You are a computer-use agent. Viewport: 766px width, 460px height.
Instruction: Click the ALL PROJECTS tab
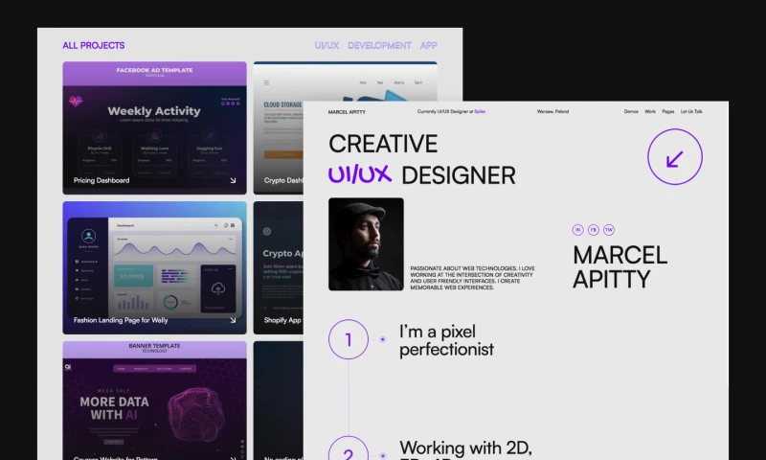[94, 45]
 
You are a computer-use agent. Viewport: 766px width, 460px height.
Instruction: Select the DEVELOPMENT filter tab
[379, 45]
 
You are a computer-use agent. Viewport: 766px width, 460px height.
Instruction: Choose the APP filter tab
[429, 45]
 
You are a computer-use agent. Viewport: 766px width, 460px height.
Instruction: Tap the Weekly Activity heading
[154, 111]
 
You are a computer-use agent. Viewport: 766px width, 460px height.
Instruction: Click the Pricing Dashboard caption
[101, 180]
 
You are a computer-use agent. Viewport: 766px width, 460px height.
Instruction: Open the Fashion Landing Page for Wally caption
[121, 320]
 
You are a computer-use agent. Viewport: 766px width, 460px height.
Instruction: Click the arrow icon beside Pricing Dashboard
[233, 180]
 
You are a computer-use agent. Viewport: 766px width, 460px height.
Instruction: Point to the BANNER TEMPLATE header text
[154, 345]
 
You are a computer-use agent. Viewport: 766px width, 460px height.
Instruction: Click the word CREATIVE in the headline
[383, 144]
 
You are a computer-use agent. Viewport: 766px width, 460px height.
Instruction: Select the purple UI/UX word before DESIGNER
[361, 175]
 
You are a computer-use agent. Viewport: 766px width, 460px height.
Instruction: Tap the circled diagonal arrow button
[675, 157]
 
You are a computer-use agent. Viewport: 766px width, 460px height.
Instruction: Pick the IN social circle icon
[578, 230]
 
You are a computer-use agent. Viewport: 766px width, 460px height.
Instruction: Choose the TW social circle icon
[609, 230]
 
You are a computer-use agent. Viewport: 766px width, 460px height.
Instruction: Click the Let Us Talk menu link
[691, 111]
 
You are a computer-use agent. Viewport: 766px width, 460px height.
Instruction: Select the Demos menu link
[631, 111]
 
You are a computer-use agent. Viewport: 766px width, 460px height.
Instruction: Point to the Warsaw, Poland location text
[552, 111]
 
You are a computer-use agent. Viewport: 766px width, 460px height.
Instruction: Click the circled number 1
[349, 339]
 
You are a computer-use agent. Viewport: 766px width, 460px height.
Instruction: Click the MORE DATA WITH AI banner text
[116, 408]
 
